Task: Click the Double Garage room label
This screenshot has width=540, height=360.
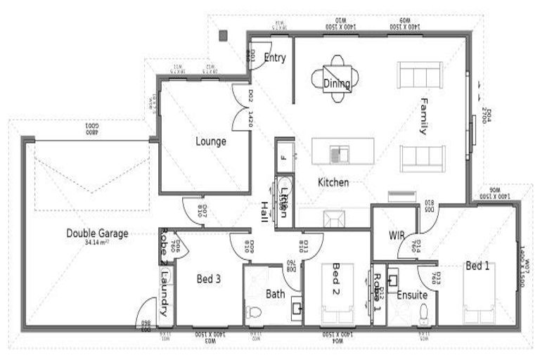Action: tap(97, 233)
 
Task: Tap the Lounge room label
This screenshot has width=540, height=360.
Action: tap(211, 141)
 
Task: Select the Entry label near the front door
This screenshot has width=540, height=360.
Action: tap(274, 58)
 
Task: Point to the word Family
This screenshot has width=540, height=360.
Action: tap(424, 115)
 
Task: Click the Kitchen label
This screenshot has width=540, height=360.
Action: tap(333, 183)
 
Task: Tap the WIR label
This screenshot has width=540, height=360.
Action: tap(395, 235)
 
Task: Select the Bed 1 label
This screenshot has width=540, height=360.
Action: tap(478, 266)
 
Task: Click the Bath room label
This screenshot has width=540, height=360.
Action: tap(275, 294)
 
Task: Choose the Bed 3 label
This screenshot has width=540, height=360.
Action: tap(209, 278)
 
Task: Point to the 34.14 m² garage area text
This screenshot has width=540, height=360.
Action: tap(97, 243)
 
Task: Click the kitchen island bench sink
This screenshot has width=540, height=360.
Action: tap(341, 151)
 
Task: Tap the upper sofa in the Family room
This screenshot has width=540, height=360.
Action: tap(419, 75)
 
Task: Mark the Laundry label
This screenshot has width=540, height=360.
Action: tap(164, 295)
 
